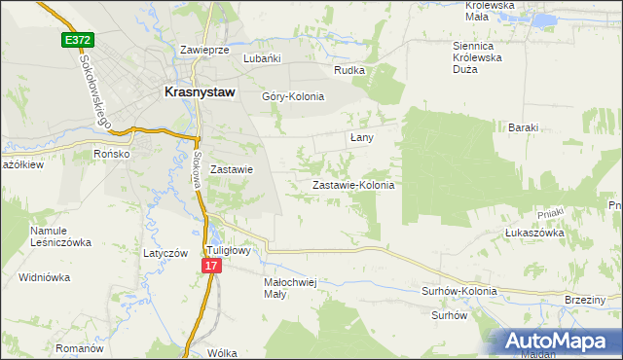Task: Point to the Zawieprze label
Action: pos(204,49)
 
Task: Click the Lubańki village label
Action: pos(262,58)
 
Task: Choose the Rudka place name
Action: pos(348,70)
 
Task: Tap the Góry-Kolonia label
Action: pos(292,96)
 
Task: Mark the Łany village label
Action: pos(361,138)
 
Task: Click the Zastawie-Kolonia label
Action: pos(352,185)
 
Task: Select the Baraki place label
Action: pos(523,127)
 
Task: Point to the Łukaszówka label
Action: pos(534,234)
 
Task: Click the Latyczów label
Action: pos(165,253)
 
